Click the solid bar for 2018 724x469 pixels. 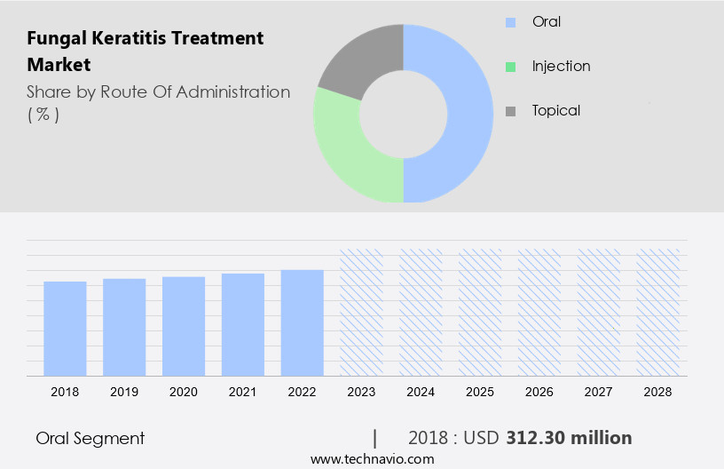65,328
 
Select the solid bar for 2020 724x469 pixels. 184,325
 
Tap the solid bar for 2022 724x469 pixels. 302,322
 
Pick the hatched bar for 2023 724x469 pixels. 361,312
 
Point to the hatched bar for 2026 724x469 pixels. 539,312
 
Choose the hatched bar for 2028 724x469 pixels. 658,312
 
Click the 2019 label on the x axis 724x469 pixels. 124,391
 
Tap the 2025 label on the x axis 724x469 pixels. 480,391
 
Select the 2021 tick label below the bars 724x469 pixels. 243,391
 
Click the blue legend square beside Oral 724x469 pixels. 510,22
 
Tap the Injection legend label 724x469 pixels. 561,66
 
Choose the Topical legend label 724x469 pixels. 555,110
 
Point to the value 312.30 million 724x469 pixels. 569,438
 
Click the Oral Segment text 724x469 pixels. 90,438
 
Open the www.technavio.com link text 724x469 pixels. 372,459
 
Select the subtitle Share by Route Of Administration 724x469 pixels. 158,91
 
